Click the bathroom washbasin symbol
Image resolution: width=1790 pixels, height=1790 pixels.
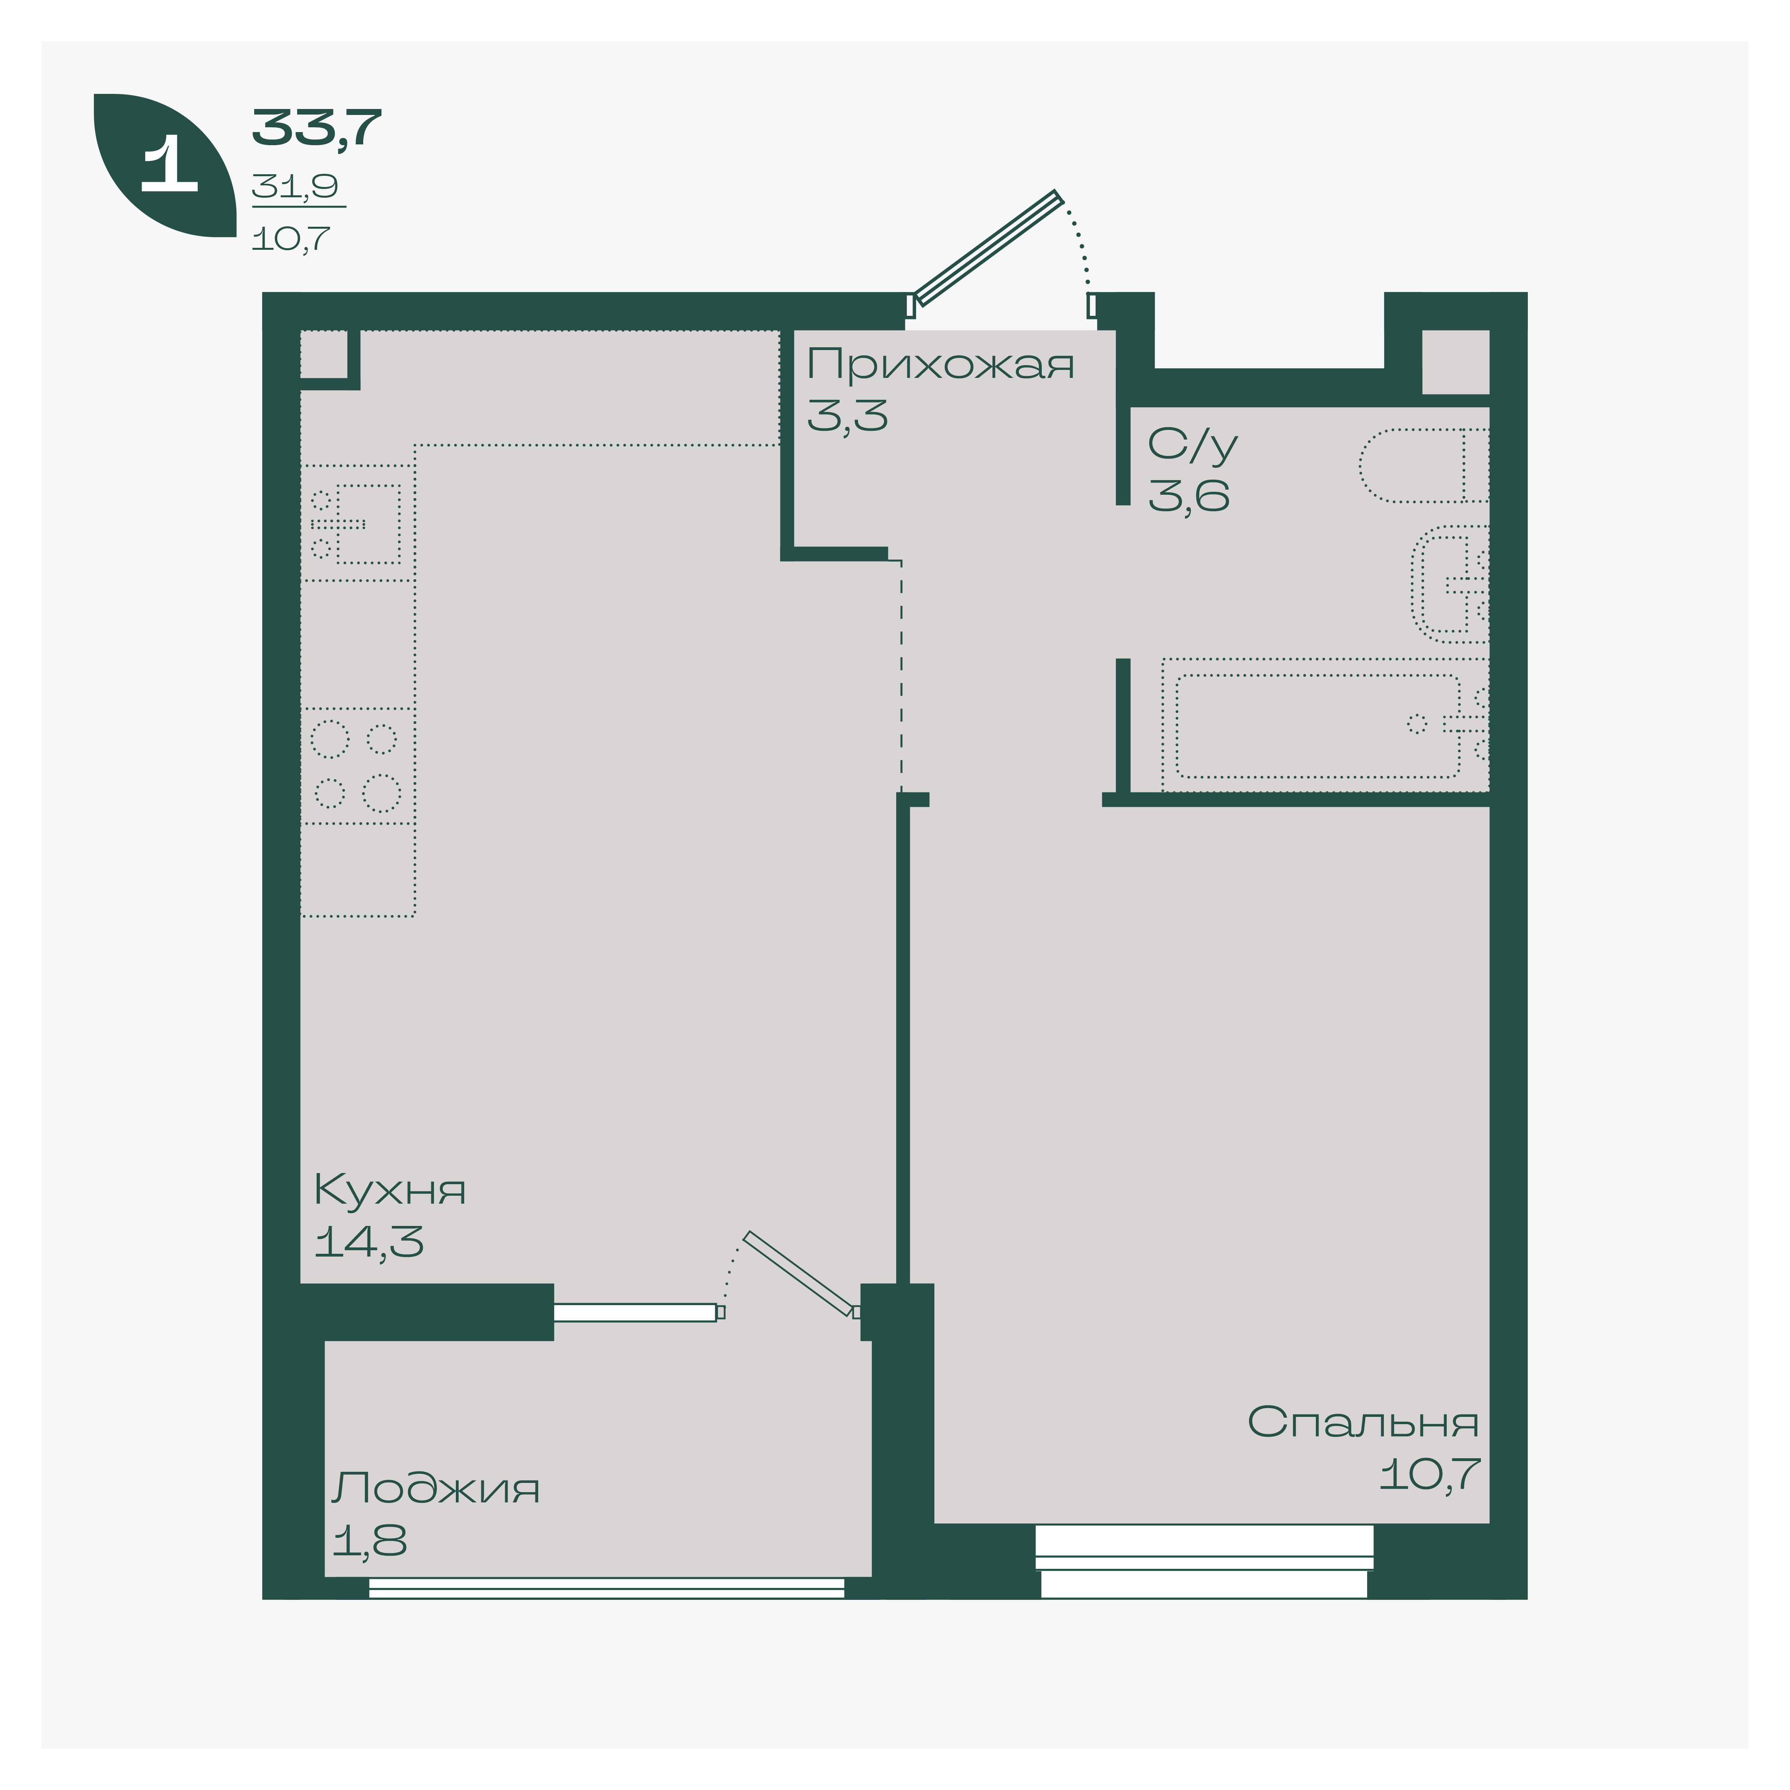tap(1450, 584)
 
